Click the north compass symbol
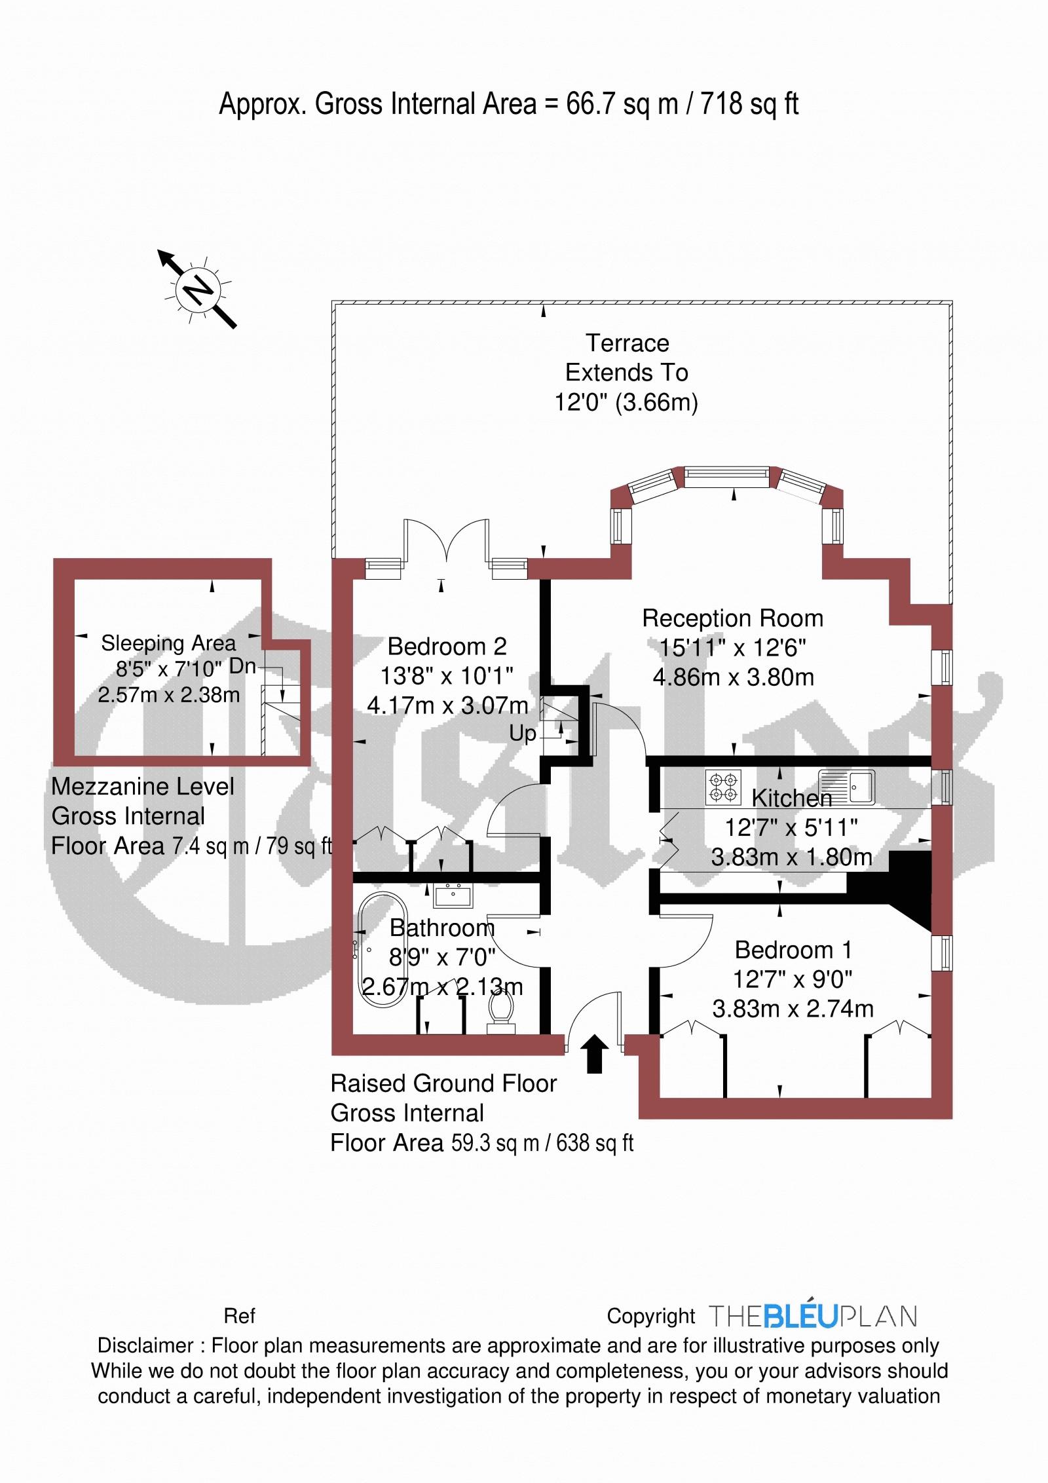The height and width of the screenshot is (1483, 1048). click(197, 289)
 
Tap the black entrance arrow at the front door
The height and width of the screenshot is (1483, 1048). click(595, 1054)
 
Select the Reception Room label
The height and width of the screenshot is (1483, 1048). click(732, 618)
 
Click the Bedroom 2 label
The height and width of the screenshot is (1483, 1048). click(447, 647)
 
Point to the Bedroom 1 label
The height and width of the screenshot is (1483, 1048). click(793, 950)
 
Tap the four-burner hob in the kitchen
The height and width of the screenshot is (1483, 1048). click(724, 787)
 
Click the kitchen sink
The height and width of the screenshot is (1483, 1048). click(846, 787)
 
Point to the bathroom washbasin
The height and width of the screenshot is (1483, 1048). click(453, 895)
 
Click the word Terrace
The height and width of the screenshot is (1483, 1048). click(627, 343)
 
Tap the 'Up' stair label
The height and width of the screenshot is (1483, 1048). click(523, 734)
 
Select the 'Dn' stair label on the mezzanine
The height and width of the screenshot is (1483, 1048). click(242, 666)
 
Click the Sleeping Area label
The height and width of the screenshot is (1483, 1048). click(168, 643)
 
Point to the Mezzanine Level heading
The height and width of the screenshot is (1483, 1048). click(143, 786)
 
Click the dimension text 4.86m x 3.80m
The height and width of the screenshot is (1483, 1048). click(733, 677)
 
